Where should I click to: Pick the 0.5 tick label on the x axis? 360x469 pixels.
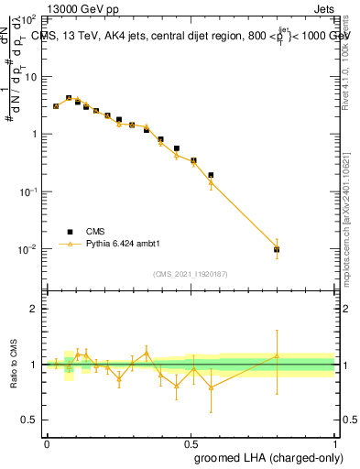191,443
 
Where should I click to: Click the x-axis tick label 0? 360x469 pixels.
47,443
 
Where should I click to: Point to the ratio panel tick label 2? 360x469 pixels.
36,309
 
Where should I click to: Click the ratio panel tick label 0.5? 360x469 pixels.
31,420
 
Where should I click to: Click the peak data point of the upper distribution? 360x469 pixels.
69,98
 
